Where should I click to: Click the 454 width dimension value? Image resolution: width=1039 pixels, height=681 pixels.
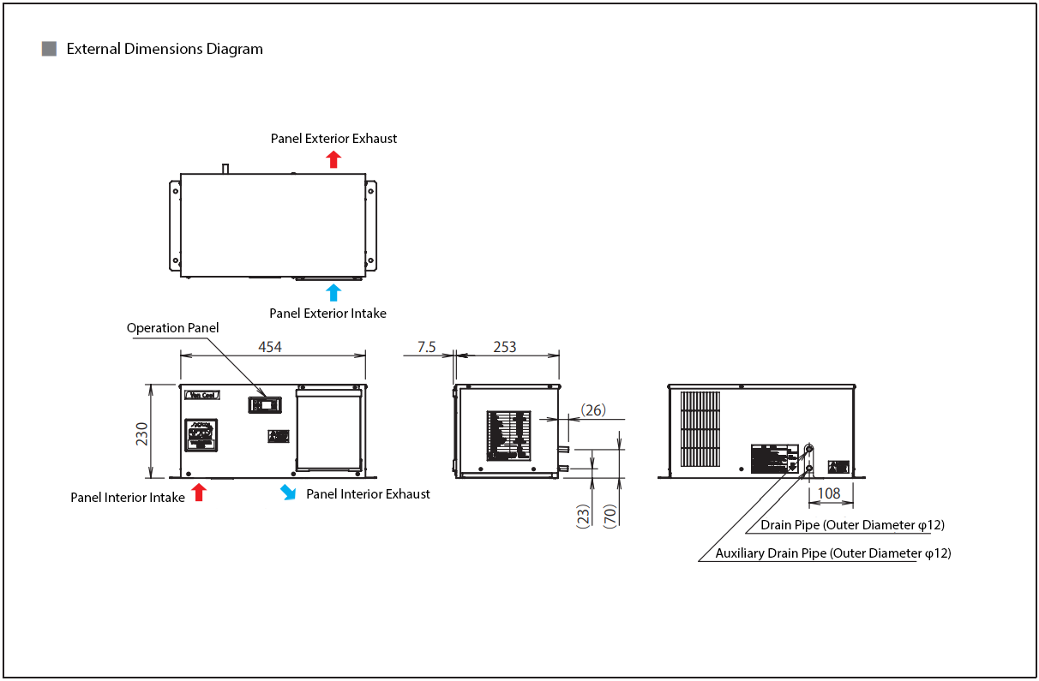tap(271, 346)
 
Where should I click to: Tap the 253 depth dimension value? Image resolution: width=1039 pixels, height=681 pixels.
tap(505, 346)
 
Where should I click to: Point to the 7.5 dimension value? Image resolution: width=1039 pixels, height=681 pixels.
tap(427, 346)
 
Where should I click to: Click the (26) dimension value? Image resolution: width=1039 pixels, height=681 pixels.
tap(593, 410)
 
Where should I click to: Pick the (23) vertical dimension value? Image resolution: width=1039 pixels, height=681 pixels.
tap(583, 514)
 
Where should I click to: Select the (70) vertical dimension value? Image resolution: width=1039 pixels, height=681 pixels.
tap(610, 514)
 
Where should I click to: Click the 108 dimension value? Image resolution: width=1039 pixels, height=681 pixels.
tap(829, 493)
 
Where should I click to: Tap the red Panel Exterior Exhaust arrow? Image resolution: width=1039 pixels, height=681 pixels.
tap(334, 159)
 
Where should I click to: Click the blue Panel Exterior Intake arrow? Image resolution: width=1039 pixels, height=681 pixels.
tap(334, 292)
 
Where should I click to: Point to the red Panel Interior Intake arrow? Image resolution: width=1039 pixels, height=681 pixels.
tap(199, 493)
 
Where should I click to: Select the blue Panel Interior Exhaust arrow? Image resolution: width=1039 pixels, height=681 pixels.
tap(289, 493)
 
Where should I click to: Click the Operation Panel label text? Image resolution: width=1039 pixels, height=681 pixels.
tap(172, 328)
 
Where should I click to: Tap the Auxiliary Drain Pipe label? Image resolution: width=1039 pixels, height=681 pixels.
tap(833, 553)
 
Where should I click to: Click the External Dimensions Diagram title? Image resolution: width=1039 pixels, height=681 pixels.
tap(165, 49)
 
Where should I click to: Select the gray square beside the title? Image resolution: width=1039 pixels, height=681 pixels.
tap(50, 49)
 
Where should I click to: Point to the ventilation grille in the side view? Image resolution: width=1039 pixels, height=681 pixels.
tap(508, 435)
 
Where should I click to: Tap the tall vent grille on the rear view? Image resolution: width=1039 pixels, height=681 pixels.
tap(700, 430)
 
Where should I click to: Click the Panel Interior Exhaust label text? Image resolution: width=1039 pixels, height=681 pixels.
tap(368, 494)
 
